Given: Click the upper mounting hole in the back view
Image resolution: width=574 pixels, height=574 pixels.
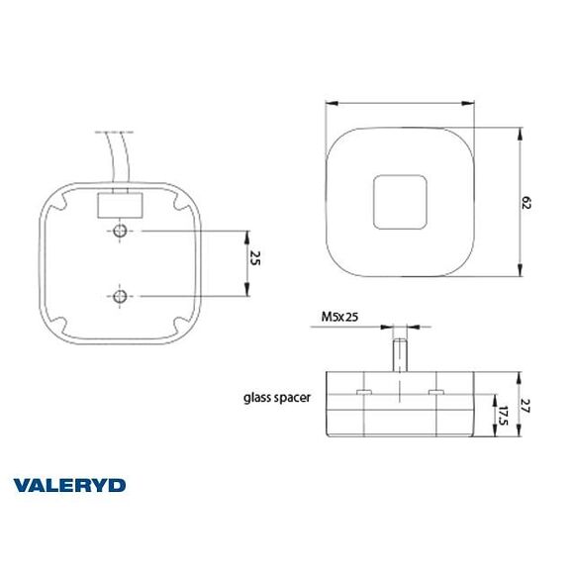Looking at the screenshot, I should pyautogui.click(x=120, y=232).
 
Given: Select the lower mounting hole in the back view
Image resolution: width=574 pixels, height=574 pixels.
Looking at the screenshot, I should pyautogui.click(x=120, y=296).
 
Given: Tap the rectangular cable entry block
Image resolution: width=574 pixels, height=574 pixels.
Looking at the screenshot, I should pyautogui.click(x=121, y=205).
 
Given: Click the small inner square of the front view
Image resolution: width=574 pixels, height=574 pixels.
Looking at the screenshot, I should pyautogui.click(x=401, y=202).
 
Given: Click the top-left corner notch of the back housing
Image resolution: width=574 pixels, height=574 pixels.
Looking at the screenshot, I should pyautogui.click(x=61, y=204).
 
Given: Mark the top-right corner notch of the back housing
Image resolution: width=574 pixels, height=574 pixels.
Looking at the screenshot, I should pyautogui.click(x=180, y=204).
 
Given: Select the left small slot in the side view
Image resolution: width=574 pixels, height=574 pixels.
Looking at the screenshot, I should pyautogui.click(x=363, y=395).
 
